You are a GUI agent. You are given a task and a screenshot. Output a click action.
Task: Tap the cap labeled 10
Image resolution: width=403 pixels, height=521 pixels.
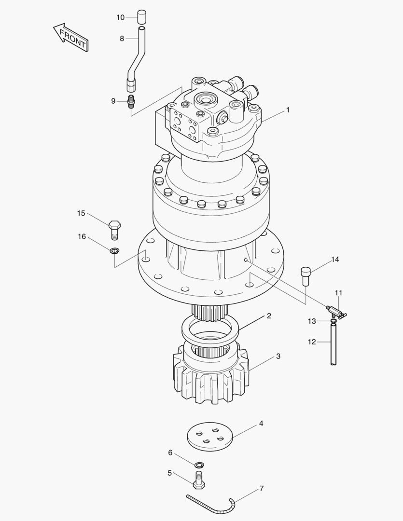click(141, 17)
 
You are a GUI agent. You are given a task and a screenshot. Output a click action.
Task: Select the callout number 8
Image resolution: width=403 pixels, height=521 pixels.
click(122, 39)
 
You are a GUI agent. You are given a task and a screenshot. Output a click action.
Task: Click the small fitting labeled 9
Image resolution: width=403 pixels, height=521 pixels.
click(131, 102)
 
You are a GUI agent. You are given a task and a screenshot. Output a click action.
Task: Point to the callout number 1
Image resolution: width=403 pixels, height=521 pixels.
click(288, 110)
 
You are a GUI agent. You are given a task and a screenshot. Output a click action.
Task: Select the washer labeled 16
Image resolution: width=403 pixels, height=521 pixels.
click(114, 250)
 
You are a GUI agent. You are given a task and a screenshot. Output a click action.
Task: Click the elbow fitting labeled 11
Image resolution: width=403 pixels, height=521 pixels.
click(336, 311)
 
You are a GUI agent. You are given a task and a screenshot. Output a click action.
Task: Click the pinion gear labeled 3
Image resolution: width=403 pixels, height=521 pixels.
click(211, 376)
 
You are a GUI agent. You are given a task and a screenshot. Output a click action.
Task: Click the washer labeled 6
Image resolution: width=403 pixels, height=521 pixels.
click(198, 465)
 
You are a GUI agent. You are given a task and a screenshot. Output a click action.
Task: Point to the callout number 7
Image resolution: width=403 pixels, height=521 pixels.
click(261, 489)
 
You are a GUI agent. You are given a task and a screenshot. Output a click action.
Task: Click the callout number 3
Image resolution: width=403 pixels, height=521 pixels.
click(278, 356)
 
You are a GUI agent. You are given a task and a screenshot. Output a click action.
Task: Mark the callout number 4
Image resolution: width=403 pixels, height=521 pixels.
click(261, 424)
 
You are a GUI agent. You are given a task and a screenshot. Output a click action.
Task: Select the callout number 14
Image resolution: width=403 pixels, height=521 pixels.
click(334, 260)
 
